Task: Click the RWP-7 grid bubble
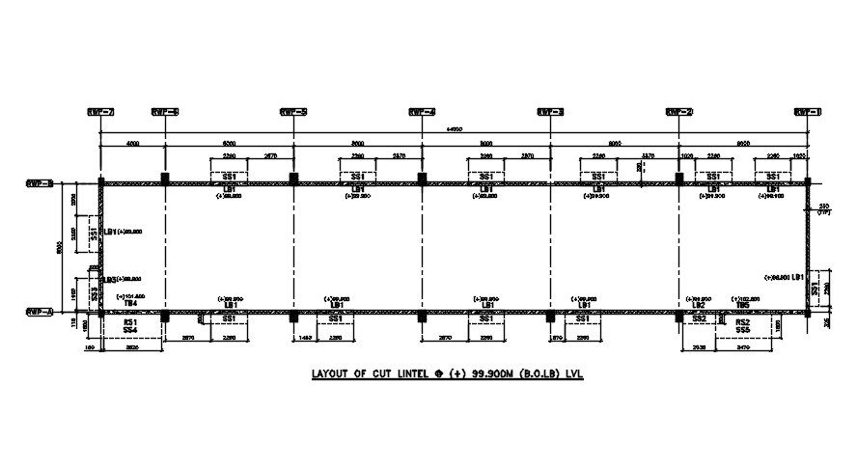pyautogui.click(x=100, y=111)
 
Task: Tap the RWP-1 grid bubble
pyautogui.click(x=807, y=111)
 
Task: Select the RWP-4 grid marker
pyautogui.click(x=422, y=111)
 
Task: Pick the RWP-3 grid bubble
pyautogui.click(x=550, y=111)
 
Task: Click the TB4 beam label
pyautogui.click(x=128, y=303)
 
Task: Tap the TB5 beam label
pyautogui.click(x=742, y=303)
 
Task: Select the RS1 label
pyautogui.click(x=129, y=319)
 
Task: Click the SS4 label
pyautogui.click(x=129, y=330)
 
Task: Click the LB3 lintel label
pyautogui.click(x=110, y=279)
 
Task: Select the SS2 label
pyautogui.click(x=700, y=319)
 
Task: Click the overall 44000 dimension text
pyautogui.click(x=454, y=129)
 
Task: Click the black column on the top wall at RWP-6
pyautogui.click(x=165, y=179)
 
